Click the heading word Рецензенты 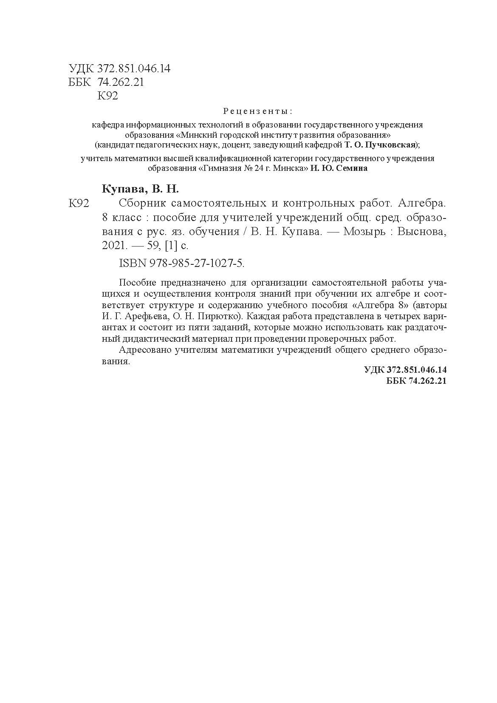click(x=257, y=112)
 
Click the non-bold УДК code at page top click(x=119, y=68)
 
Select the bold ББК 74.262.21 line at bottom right click(x=416, y=381)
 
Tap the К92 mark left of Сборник click(x=79, y=204)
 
